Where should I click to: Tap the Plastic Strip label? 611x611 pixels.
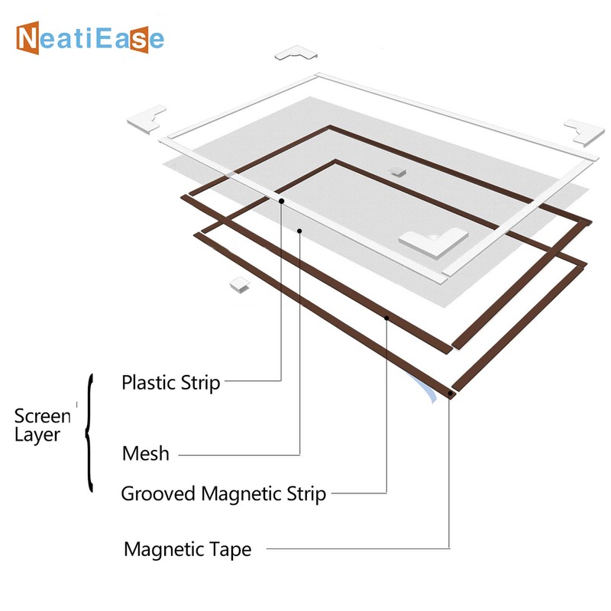click(x=171, y=382)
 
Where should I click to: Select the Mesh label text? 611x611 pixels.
click(x=145, y=453)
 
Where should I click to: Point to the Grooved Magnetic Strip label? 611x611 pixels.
click(x=224, y=493)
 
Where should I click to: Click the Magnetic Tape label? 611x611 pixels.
click(x=187, y=548)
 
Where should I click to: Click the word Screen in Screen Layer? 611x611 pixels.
click(x=43, y=416)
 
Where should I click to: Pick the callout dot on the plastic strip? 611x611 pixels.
click(x=282, y=201)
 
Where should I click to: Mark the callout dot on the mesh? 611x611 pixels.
click(x=300, y=230)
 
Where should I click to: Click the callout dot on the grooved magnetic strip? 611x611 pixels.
click(x=387, y=317)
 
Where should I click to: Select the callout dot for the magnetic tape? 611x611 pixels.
click(x=450, y=394)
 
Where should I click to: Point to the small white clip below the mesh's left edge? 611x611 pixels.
click(x=240, y=284)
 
